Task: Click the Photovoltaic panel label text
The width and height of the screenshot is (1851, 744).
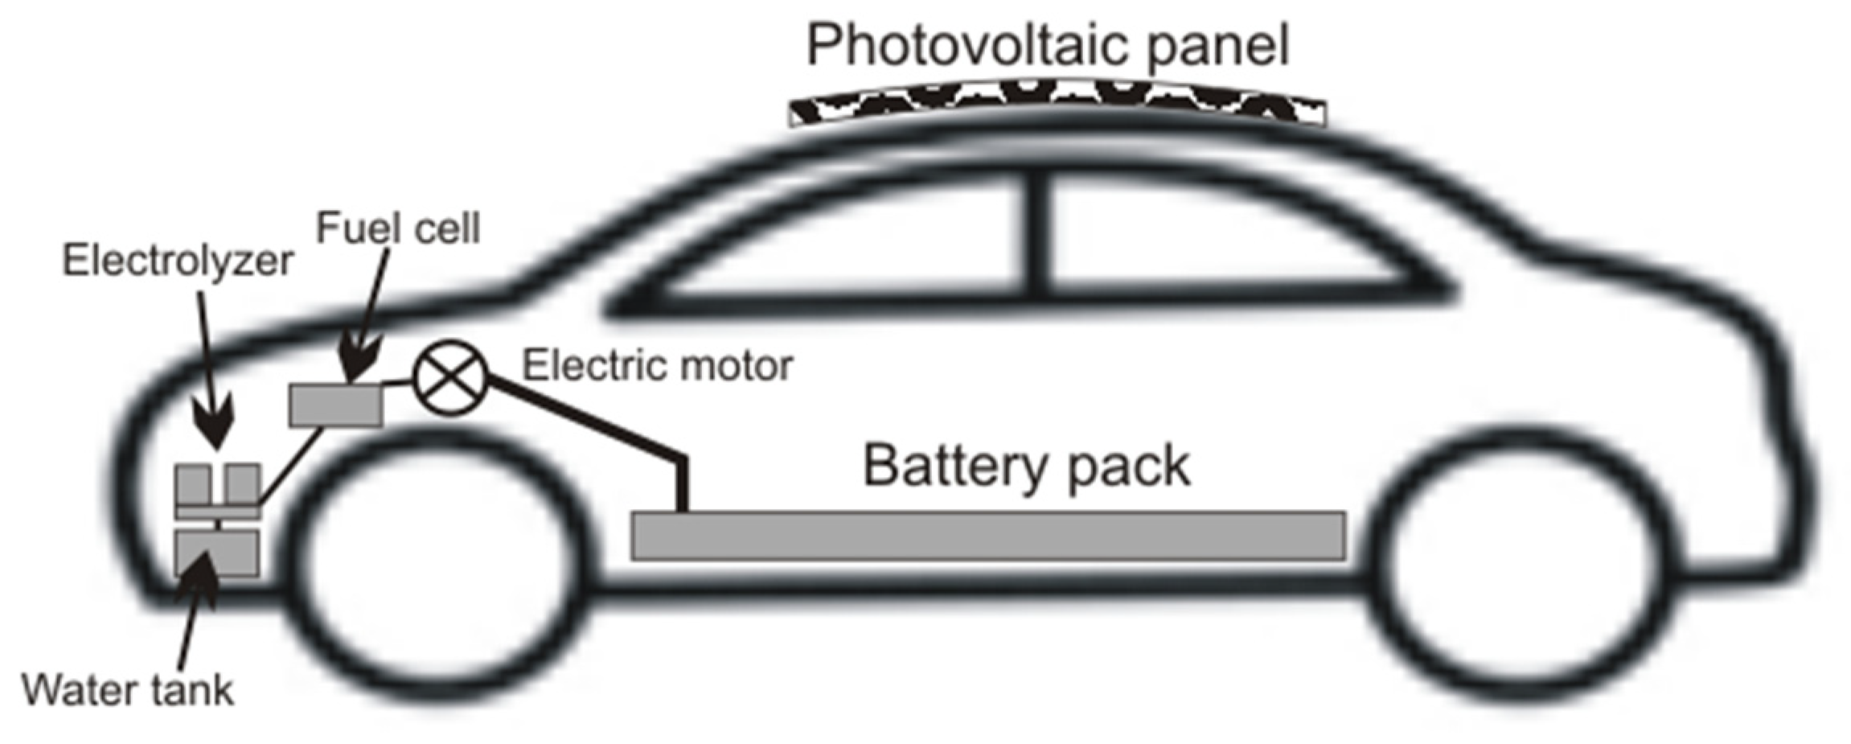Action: point(1047,45)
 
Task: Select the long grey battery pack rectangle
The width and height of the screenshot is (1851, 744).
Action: point(987,536)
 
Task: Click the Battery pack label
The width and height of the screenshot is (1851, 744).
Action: point(1026,467)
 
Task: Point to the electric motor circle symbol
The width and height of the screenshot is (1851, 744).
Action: point(450,378)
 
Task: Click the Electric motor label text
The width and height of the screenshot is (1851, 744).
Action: point(657,366)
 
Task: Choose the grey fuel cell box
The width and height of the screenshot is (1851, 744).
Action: point(336,405)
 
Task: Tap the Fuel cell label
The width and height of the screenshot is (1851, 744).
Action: point(398,228)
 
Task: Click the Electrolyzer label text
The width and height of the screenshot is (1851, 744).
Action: point(178,261)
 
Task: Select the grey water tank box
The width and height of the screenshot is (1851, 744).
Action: point(217,553)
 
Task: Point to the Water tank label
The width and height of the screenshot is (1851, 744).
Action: point(127,690)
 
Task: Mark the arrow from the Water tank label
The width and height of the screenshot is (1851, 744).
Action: point(193,611)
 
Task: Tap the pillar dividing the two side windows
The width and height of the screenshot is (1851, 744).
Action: point(1038,237)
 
